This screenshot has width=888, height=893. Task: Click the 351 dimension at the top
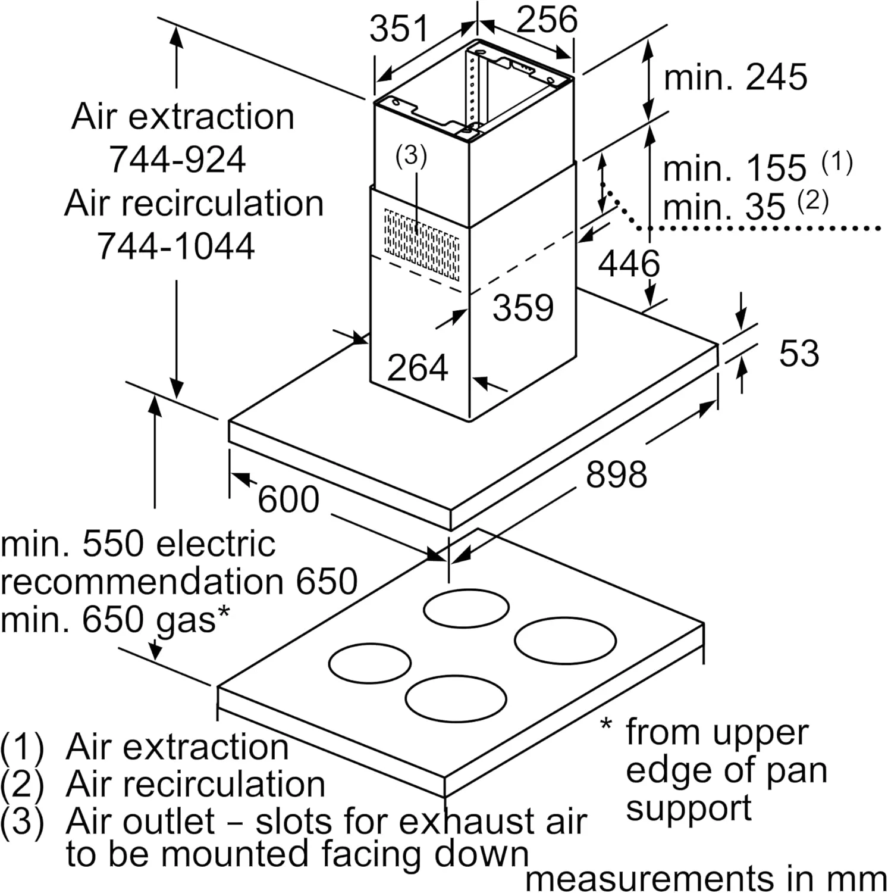398,29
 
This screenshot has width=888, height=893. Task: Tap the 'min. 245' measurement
735,77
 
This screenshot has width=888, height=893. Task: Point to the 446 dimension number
629,264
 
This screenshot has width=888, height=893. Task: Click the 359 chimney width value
523,307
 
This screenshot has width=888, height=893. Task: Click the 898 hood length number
616,474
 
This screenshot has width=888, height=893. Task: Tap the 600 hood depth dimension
288,499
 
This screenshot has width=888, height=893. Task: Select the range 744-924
177,159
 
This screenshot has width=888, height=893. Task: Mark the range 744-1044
176,245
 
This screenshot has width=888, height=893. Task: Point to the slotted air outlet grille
422,245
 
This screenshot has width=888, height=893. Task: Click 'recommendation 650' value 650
327,582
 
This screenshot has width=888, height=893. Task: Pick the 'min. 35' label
724,207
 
